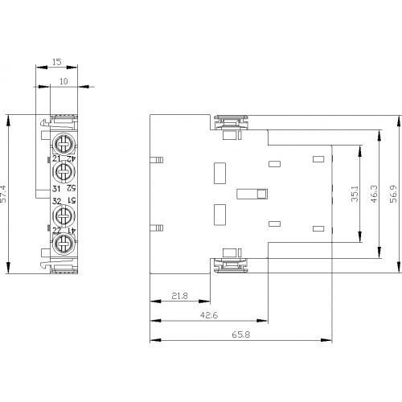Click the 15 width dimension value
pos(57,62)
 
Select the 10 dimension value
pos(64,81)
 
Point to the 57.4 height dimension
pos(3,194)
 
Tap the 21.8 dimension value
pos(179,296)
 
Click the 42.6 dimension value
pos(209,315)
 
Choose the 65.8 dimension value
pos(241,334)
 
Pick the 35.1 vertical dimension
pos(355,194)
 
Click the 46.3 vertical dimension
pos(375,194)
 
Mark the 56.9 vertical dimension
pos(393,194)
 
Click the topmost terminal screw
pos(64,144)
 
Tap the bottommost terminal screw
pos(64,244)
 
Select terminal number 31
pos(56,189)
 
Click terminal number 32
pos(57,201)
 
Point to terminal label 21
pos(57,158)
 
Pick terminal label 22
pos(57,231)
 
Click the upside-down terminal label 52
pos(72,188)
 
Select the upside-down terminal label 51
pos(72,201)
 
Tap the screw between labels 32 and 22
pos(64,215)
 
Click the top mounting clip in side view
pos(231,122)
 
